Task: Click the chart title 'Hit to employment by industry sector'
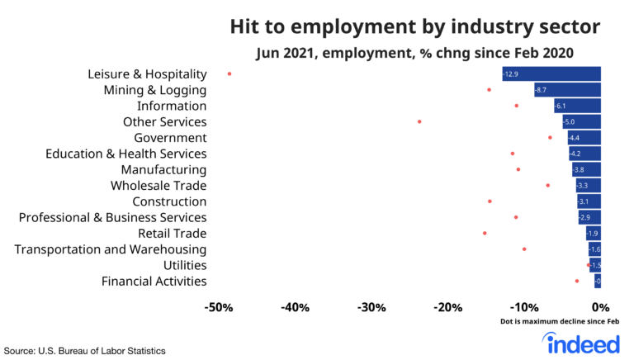414,26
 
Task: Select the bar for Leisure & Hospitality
551,74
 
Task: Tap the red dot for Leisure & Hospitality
229,74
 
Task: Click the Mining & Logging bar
567,90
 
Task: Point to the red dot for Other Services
419,121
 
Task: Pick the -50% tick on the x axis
218,308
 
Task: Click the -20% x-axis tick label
448,308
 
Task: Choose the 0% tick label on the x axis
600,308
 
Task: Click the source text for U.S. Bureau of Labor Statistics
85,350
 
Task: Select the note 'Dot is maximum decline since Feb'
559,322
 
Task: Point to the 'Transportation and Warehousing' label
111,249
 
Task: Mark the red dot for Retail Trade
485,233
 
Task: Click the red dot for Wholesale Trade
547,185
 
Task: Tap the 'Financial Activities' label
154,282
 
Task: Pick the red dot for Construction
490,201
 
